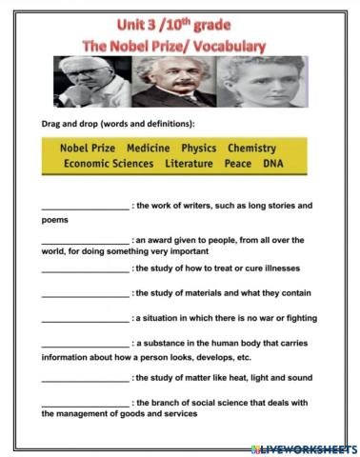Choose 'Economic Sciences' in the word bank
pos(108,164)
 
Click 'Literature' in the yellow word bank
pos(190,164)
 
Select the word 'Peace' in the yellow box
pos(237,164)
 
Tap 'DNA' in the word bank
pos(272,164)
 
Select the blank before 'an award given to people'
pos(84,240)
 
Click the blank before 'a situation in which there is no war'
pos(84,317)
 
